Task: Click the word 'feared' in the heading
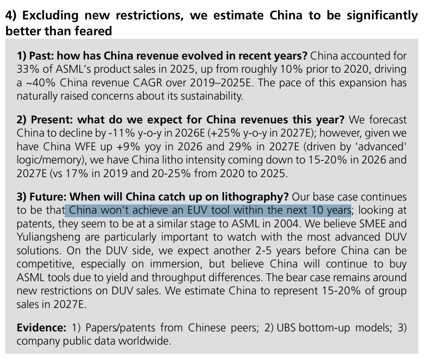tap(93, 31)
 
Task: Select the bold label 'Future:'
tap(48, 197)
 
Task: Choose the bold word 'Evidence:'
tap(41, 328)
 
